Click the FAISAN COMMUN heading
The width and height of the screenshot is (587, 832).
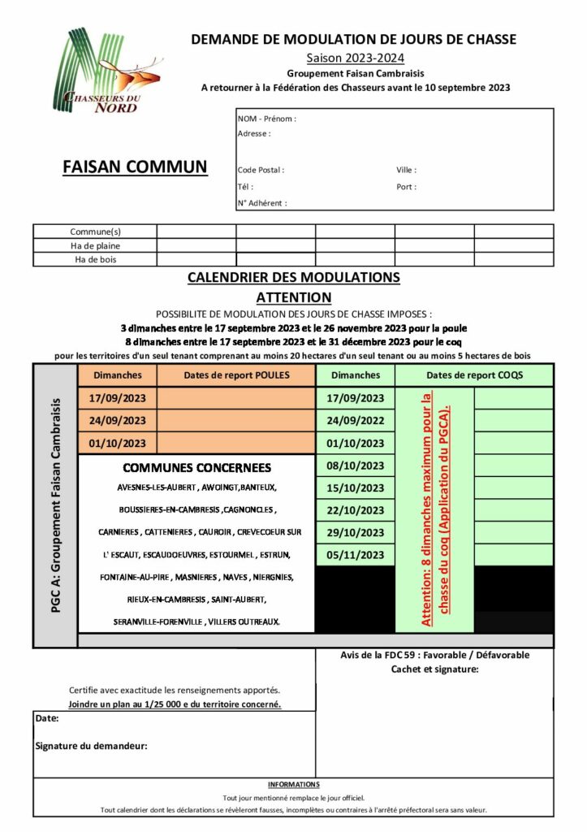click(x=135, y=167)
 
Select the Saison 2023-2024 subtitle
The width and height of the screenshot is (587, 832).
click(x=355, y=57)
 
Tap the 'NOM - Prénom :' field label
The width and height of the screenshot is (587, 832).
click(x=266, y=119)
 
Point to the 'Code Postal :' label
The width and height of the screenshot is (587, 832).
click(x=261, y=171)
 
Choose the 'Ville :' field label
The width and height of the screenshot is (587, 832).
click(x=406, y=171)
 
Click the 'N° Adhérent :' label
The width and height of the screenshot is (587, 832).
click(x=262, y=203)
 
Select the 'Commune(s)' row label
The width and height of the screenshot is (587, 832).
click(x=95, y=232)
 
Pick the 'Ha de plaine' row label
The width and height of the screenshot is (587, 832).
click(x=95, y=245)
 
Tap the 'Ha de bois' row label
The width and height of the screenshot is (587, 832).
click(x=95, y=259)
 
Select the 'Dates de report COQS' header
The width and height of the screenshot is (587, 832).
click(x=474, y=375)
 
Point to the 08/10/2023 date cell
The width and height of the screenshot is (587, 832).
click(x=355, y=466)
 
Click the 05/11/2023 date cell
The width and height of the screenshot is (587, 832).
click(x=355, y=555)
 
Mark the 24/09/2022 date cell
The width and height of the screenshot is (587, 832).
click(x=355, y=420)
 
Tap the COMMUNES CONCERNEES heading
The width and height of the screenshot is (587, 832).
click(x=196, y=468)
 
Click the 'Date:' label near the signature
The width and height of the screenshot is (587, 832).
click(x=47, y=718)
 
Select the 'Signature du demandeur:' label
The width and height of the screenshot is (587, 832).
click(x=91, y=746)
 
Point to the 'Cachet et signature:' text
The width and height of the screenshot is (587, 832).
click(x=434, y=669)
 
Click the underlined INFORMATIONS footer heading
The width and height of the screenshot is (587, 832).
click(x=293, y=785)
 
